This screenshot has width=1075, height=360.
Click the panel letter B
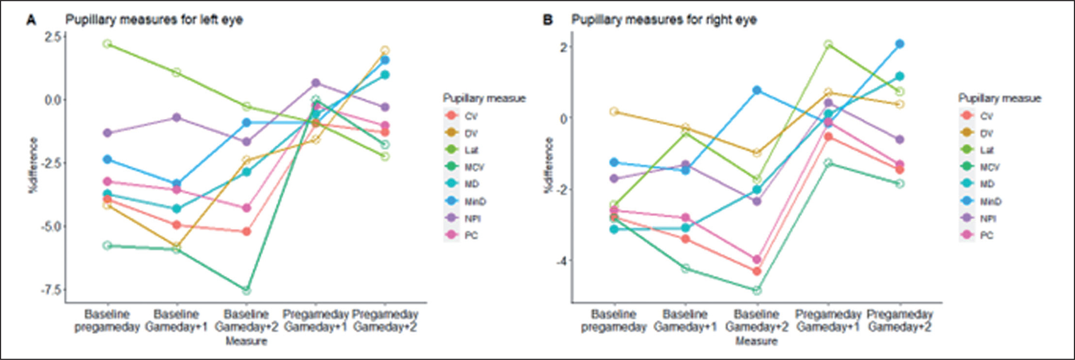[547, 20]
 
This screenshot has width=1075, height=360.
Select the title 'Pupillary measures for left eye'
[154, 20]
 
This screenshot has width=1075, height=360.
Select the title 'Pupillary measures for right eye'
[664, 20]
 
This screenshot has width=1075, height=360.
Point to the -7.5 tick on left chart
[52, 290]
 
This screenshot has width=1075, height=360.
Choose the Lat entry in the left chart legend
[471, 150]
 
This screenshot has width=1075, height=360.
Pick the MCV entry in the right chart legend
[989, 167]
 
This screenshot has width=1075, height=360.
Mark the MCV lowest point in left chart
[247, 290]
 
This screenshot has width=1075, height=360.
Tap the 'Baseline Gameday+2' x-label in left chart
[246, 320]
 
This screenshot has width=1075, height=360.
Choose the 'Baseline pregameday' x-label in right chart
[614, 320]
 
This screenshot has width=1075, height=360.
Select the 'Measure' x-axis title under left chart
[246, 341]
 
